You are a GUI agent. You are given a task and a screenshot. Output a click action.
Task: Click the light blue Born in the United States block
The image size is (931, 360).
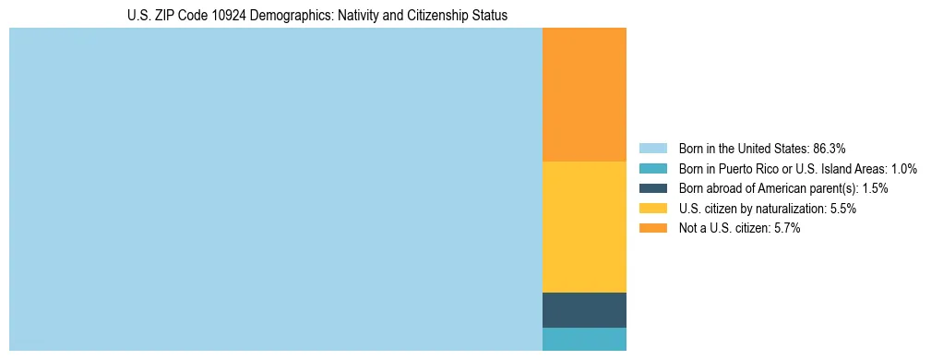click(x=275, y=189)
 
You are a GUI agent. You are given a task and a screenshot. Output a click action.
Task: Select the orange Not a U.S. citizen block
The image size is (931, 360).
click(x=584, y=95)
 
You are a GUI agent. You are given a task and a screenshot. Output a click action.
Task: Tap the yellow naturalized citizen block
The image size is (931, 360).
click(x=584, y=227)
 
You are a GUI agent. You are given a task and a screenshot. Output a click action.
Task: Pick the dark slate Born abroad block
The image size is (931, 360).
click(x=584, y=310)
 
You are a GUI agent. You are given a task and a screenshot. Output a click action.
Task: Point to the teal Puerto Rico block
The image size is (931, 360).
click(x=584, y=339)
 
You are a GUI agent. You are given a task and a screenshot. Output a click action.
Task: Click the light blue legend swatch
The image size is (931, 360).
click(x=652, y=148)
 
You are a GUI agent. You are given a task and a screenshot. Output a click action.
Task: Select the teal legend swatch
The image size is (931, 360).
click(x=652, y=168)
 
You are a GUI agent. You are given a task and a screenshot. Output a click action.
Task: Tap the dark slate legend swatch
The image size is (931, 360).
click(x=652, y=188)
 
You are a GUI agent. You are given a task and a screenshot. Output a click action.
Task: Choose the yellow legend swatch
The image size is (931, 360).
click(x=652, y=209)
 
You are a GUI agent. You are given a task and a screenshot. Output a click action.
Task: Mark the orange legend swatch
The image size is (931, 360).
click(x=652, y=229)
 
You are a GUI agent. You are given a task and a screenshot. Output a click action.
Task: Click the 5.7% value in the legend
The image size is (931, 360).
click(x=783, y=229)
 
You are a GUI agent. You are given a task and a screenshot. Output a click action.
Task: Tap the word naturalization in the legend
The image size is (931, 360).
click(x=783, y=209)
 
